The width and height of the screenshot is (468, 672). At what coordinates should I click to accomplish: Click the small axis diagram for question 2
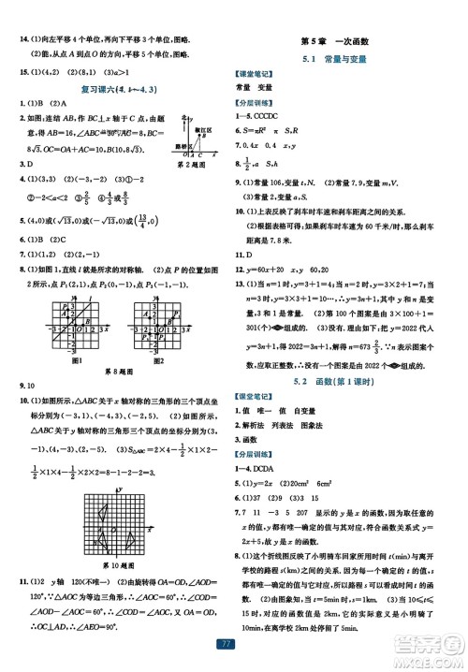coord(197,131)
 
